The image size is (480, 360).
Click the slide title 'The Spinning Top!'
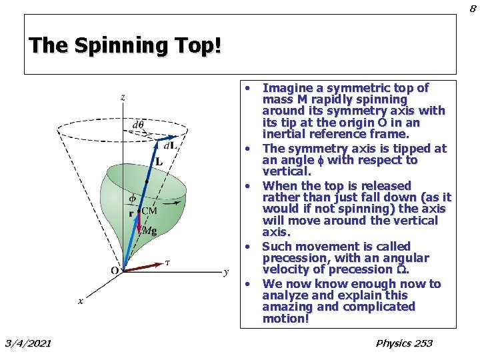point(125,46)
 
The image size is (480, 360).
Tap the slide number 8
point(472,8)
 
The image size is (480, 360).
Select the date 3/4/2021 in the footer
point(28,343)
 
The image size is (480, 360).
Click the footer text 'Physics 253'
point(404,343)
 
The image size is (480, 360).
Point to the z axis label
point(123,97)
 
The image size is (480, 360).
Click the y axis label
point(226,271)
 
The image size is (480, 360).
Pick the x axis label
point(81,301)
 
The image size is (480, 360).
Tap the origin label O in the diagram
point(115,270)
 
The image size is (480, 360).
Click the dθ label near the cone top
point(138,124)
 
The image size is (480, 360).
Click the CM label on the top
point(149,211)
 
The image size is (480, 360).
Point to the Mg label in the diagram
point(151,231)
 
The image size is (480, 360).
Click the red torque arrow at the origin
point(143,265)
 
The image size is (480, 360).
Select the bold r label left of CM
point(131,213)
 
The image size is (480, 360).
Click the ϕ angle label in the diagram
point(131,198)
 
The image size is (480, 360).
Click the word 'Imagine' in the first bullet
point(285,88)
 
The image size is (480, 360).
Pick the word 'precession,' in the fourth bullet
point(288,258)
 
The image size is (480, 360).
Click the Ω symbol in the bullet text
point(403,269)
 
